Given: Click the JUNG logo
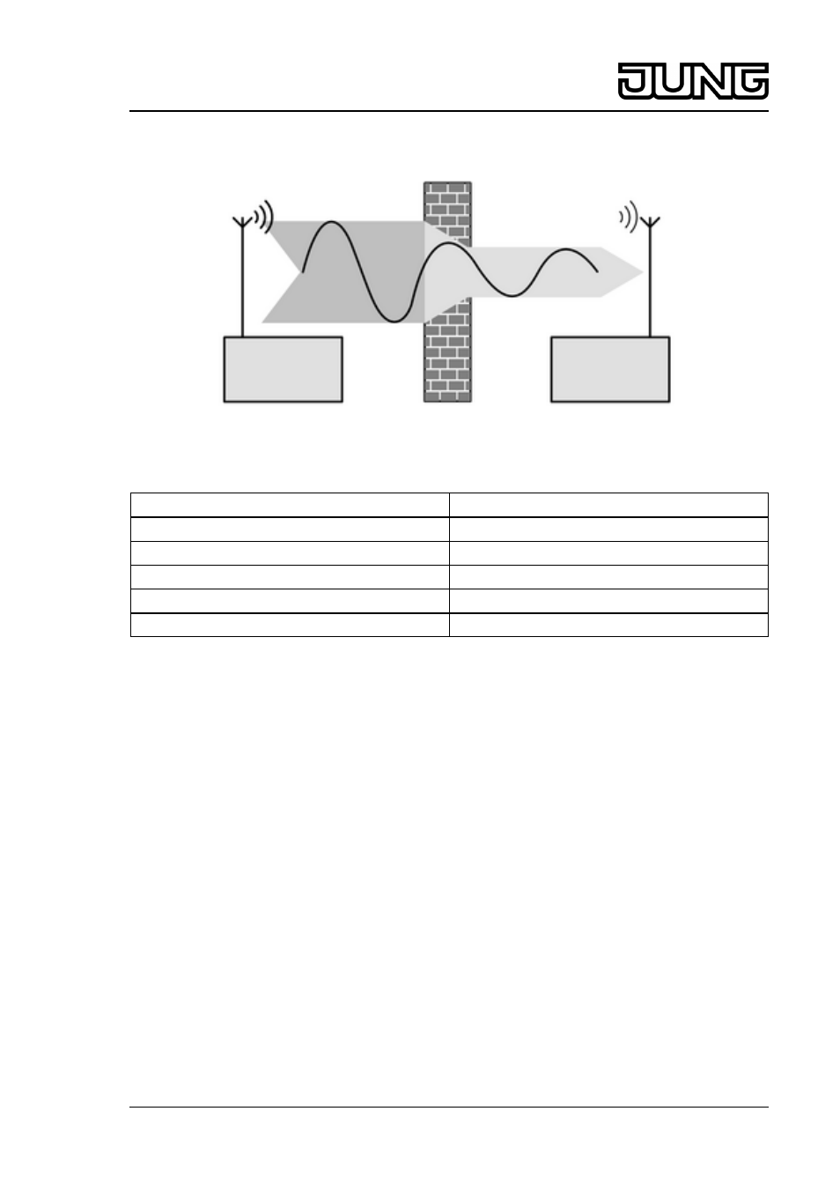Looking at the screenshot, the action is [693, 81].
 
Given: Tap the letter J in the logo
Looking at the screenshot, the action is [635, 81].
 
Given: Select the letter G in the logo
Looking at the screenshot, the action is [750, 81].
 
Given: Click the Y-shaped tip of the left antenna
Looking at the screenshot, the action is [242, 221].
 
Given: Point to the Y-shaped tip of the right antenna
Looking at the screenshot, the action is [650, 221].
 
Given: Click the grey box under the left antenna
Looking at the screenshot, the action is [283, 369].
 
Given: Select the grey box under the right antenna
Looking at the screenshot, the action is [610, 369].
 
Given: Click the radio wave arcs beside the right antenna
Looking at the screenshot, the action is [629, 216].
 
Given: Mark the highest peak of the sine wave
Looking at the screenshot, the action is [331, 222].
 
